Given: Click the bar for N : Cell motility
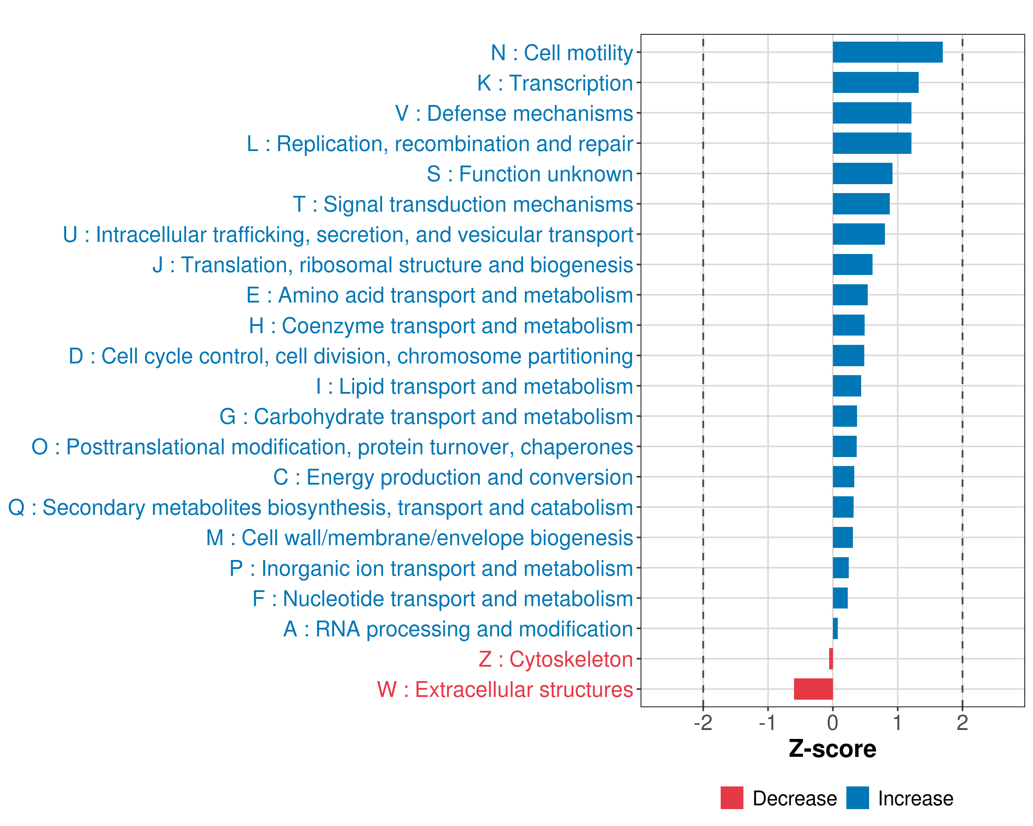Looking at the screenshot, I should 887,52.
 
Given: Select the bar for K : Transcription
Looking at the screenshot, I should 875,82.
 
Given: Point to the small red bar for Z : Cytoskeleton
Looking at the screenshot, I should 831,659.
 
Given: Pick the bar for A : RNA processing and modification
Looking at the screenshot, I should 835,628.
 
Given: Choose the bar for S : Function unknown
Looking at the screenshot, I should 863,173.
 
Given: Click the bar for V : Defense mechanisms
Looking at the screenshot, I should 872,113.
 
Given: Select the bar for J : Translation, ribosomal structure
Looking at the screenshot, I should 852,264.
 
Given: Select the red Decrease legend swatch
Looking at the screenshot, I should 732,798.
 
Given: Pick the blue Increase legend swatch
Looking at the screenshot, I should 857,798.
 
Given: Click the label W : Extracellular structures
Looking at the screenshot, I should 505,689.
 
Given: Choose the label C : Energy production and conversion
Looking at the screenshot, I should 453,477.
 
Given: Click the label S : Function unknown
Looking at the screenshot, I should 530,174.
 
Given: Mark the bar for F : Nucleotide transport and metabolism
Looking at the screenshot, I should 840,598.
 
